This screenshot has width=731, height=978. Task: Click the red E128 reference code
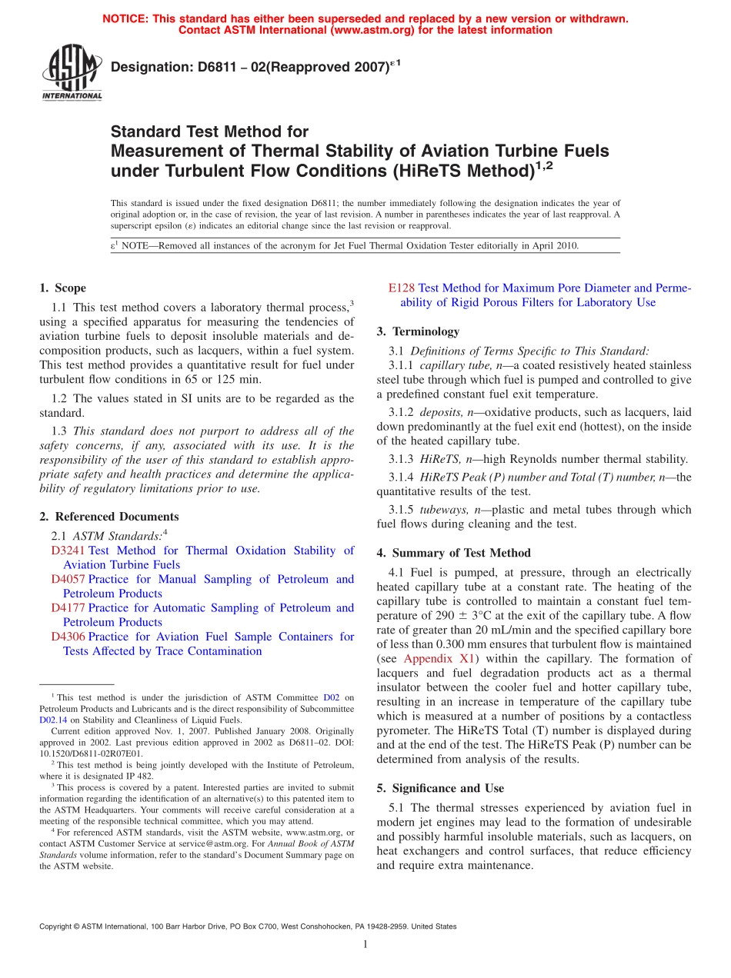coord(402,288)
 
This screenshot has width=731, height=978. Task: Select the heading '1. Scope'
coord(62,288)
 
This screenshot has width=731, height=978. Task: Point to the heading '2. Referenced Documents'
coord(108,517)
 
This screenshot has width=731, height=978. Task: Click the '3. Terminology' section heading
coord(418,331)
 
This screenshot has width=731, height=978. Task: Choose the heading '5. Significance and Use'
coord(440,788)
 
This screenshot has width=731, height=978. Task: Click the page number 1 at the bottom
coord(365,945)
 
